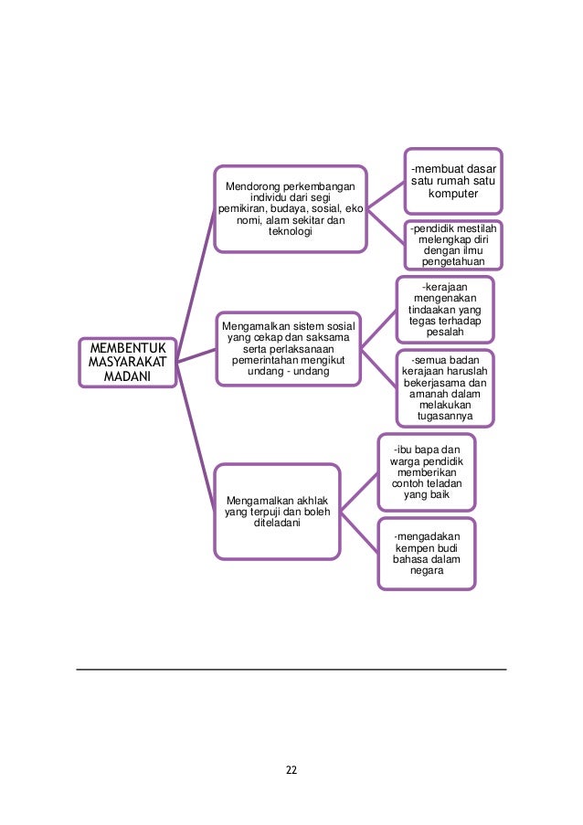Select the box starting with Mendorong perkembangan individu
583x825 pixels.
click(x=290, y=208)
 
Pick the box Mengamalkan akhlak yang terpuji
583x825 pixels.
click(x=277, y=511)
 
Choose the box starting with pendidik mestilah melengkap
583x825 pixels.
click(x=453, y=244)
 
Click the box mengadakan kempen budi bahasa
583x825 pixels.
click(x=427, y=553)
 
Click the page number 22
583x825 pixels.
click(x=291, y=769)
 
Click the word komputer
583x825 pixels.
click(x=453, y=195)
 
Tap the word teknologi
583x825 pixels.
click(x=290, y=232)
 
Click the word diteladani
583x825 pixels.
click(x=276, y=524)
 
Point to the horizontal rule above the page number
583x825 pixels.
click(x=291, y=670)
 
